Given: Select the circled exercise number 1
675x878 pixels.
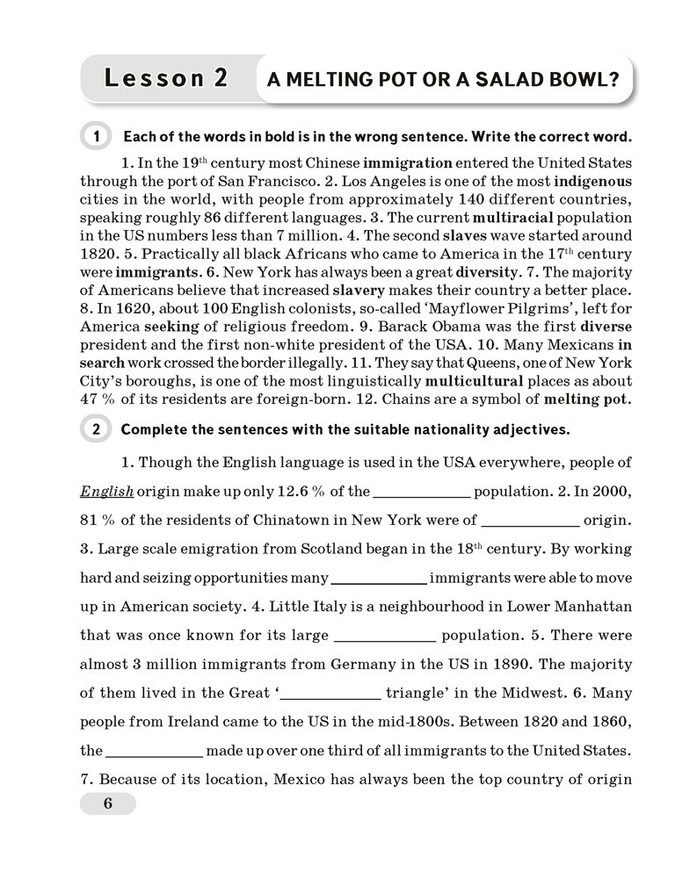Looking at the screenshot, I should tap(94, 137).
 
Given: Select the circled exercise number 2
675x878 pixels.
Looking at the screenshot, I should tap(94, 429).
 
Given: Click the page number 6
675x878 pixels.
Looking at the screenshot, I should tap(107, 803).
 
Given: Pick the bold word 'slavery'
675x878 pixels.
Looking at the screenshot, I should tap(364, 288).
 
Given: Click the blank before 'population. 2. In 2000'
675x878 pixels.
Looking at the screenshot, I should tap(424, 492).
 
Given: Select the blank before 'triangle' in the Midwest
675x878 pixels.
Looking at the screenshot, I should tap(331, 693).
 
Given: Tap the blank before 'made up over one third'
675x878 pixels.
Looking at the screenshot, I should tap(155, 751).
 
